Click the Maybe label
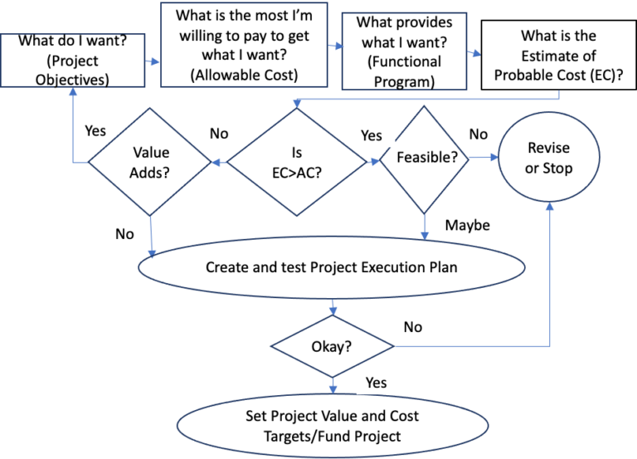(x=468, y=225)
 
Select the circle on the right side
(x=548, y=156)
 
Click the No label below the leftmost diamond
(x=124, y=234)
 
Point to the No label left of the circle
(x=479, y=134)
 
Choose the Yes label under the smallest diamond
(x=377, y=382)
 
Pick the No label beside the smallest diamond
(x=413, y=327)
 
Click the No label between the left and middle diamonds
(x=219, y=134)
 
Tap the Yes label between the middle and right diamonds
(x=372, y=134)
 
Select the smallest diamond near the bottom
(x=333, y=345)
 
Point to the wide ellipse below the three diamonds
(x=331, y=267)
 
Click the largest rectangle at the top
(x=244, y=45)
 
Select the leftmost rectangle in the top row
(x=73, y=60)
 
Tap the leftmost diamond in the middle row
(x=150, y=161)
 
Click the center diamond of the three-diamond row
(x=298, y=162)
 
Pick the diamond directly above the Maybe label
(x=424, y=159)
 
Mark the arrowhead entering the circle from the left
(x=494, y=156)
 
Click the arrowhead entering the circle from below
(x=549, y=205)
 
